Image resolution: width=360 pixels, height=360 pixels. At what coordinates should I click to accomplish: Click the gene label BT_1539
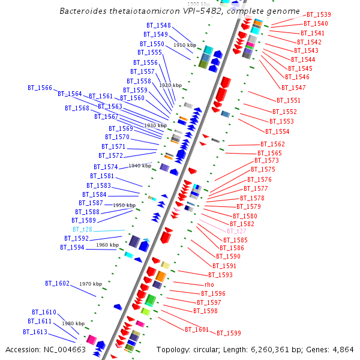(319, 14)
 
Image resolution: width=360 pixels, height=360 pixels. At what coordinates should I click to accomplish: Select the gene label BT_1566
(40, 88)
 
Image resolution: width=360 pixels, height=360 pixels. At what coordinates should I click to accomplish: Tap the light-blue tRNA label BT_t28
(83, 229)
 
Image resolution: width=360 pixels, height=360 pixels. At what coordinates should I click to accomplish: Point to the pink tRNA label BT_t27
(236, 231)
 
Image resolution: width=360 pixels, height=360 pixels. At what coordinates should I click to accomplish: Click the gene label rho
(209, 284)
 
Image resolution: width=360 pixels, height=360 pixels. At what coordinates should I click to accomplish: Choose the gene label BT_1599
(229, 333)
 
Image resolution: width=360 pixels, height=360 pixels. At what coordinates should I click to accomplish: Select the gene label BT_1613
(35, 332)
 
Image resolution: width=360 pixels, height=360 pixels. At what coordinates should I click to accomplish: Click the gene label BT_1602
(58, 283)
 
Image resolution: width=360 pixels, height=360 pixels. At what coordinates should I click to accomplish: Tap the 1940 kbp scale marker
(140, 166)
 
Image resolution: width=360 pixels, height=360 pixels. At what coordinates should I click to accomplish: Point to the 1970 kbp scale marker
(91, 284)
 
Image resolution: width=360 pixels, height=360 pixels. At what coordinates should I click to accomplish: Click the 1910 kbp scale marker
(185, 45)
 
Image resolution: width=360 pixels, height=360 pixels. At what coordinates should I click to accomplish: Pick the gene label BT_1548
(158, 26)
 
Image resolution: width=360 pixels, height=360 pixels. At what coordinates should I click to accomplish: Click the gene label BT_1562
(272, 144)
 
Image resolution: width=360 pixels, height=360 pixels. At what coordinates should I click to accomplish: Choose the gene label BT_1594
(73, 247)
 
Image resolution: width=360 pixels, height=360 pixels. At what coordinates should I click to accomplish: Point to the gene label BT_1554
(277, 131)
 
